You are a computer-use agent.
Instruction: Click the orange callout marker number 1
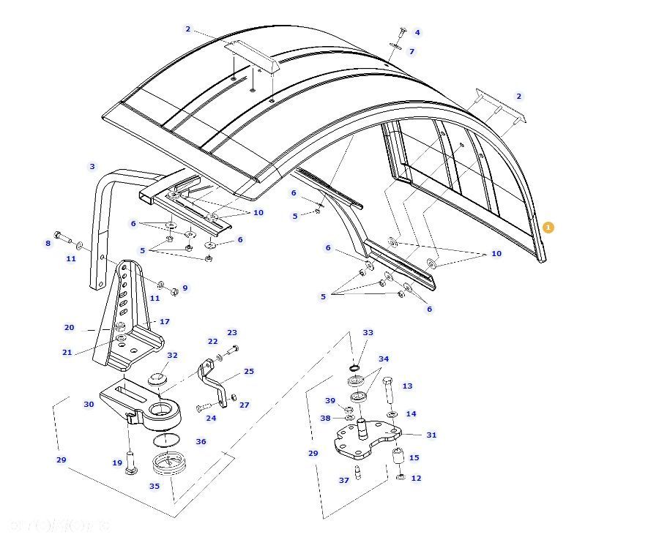[548, 228]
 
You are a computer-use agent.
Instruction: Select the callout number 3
[92, 167]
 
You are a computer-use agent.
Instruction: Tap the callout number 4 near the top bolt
[417, 32]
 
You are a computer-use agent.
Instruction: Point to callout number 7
[412, 51]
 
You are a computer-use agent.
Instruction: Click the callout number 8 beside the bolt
[48, 244]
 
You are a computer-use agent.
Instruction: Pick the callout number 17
[165, 321]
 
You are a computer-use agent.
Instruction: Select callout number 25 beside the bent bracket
[249, 372]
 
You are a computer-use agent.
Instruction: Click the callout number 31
[431, 435]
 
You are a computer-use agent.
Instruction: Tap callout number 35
[154, 486]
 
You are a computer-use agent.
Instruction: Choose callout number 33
[368, 333]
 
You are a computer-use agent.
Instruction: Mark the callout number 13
[407, 386]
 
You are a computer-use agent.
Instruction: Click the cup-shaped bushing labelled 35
[169, 464]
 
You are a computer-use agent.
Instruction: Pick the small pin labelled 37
[358, 472]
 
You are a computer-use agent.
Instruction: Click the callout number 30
[89, 404]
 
